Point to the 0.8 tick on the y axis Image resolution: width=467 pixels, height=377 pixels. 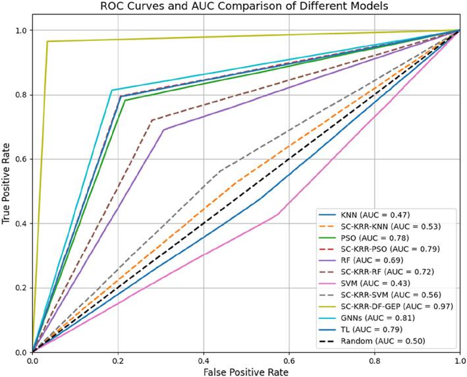click(x=20, y=95)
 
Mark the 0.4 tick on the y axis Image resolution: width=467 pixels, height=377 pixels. click(x=20, y=223)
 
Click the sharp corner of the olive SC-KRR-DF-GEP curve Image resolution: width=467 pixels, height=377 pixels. click(x=47, y=41)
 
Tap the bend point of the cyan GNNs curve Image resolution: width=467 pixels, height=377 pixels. click(x=111, y=90)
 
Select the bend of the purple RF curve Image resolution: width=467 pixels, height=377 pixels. click(x=163, y=129)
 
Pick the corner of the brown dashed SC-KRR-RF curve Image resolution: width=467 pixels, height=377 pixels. click(x=152, y=120)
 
